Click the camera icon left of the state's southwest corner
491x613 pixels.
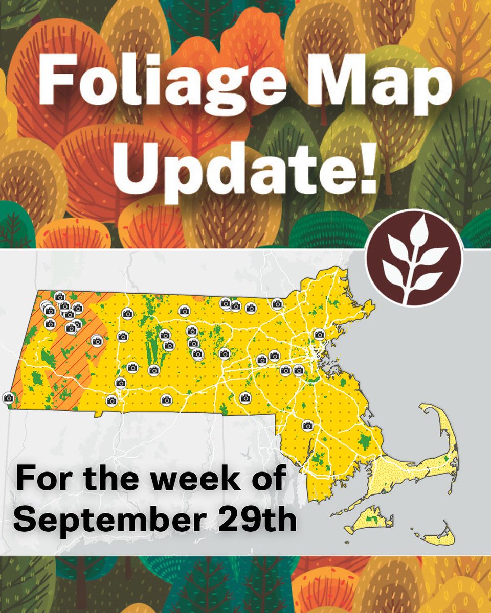[8, 397]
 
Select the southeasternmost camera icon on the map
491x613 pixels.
[307, 425]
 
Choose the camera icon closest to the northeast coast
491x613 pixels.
[320, 334]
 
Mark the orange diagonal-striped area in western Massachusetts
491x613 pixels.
[72, 358]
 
